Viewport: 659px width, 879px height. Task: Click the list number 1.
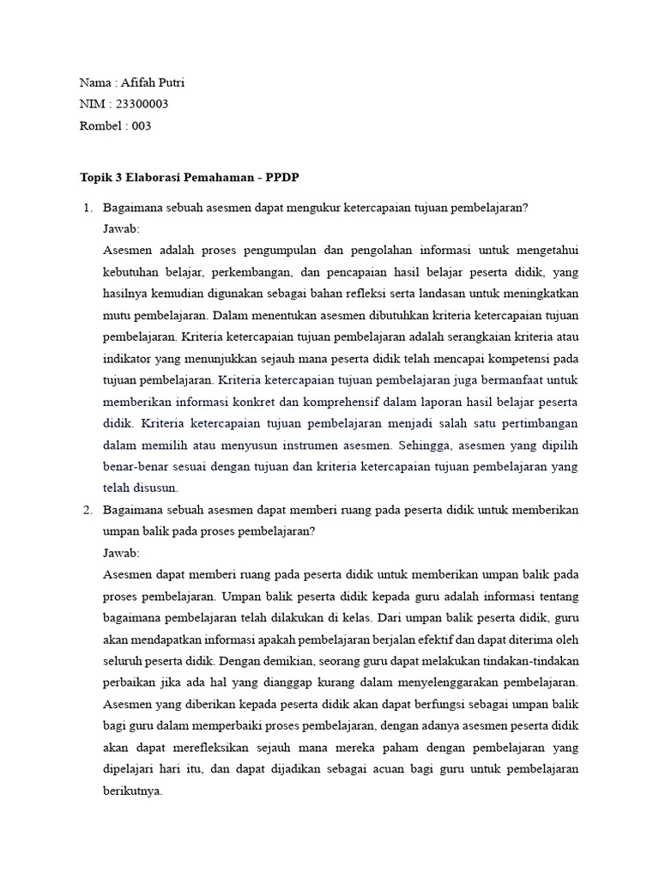[87, 209]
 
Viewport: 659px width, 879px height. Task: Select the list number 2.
[87, 510]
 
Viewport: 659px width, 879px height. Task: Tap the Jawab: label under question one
[121, 229]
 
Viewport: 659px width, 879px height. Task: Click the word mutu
[117, 313]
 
